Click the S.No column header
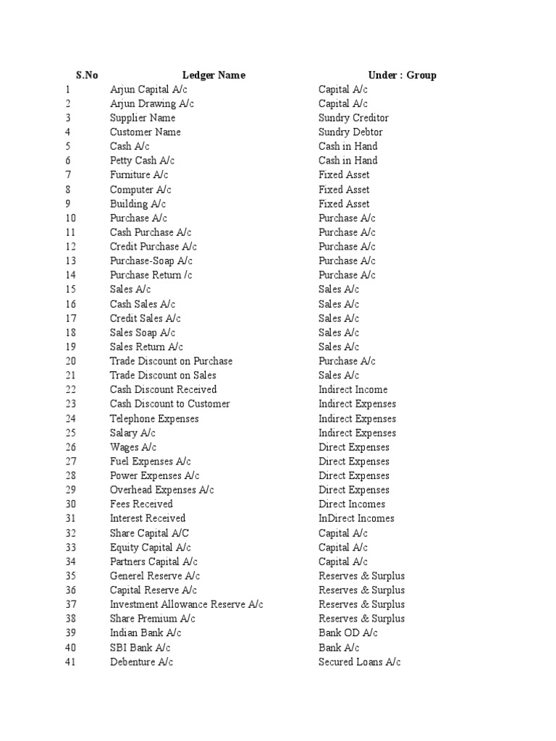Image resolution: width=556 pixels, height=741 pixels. [x=87, y=75]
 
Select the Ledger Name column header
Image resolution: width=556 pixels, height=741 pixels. [x=214, y=75]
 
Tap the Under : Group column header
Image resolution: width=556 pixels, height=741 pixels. [x=402, y=75]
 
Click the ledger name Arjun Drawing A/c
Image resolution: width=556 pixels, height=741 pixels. [x=152, y=103]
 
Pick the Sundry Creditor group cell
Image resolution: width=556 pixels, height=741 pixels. [x=353, y=118]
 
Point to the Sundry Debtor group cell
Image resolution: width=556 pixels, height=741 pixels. [x=350, y=132]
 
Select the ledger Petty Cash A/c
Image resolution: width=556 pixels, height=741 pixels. [x=142, y=161]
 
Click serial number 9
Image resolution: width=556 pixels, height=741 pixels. [x=67, y=204]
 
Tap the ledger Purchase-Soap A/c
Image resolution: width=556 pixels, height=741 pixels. [x=151, y=261]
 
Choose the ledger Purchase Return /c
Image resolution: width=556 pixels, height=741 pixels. [x=151, y=275]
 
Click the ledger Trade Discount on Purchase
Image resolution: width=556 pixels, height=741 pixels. [x=171, y=361]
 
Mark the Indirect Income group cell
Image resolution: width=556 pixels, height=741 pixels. [x=353, y=390]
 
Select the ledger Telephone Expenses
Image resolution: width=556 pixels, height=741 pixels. [x=154, y=419]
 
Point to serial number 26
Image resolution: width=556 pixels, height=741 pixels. [x=70, y=447]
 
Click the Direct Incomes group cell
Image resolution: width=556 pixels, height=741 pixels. [x=352, y=504]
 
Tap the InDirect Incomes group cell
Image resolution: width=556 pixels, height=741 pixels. [x=356, y=519]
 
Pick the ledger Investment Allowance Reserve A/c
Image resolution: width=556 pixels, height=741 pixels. [x=186, y=605]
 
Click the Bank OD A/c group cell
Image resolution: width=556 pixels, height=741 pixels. [x=348, y=633]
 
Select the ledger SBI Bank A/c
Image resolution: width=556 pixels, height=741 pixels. [x=140, y=648]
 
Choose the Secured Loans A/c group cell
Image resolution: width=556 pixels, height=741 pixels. [x=359, y=662]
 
